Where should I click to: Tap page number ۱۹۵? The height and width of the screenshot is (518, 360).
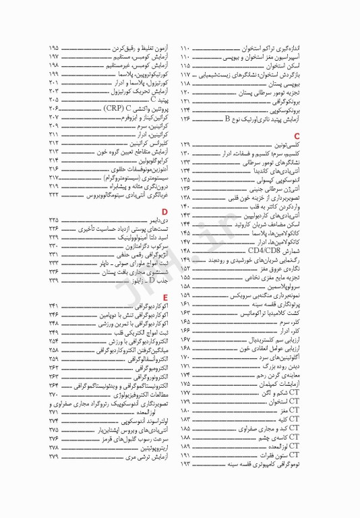tap(54, 49)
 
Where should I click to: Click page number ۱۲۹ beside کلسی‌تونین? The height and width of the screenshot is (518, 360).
tap(185, 145)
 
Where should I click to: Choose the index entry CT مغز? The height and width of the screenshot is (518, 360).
tap(297, 409)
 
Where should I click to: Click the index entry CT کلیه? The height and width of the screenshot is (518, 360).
tap(297, 418)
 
